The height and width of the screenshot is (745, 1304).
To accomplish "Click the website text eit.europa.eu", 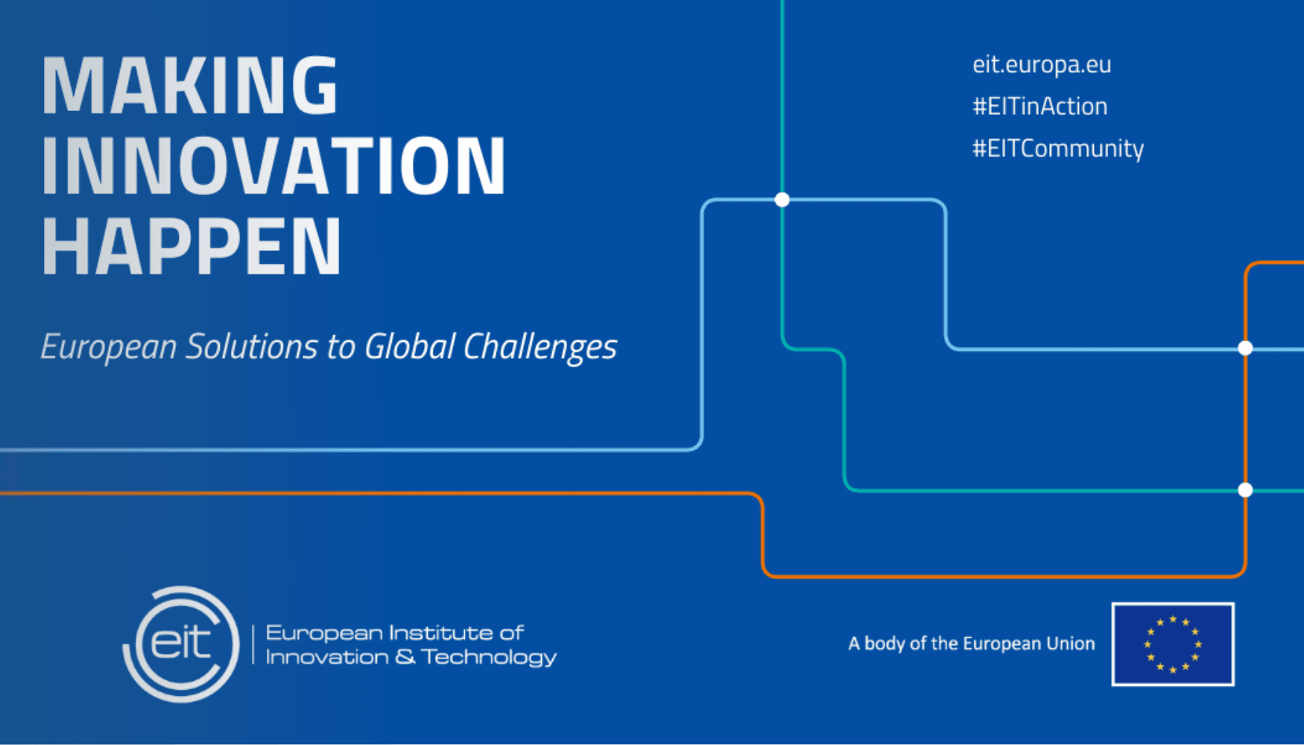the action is pyautogui.click(x=1042, y=64).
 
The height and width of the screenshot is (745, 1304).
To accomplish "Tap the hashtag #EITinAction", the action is pyautogui.click(x=1040, y=107).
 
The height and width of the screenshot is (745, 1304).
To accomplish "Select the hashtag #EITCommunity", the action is pyautogui.click(x=1058, y=148).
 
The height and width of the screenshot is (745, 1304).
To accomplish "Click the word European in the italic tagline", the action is pyautogui.click(x=109, y=347).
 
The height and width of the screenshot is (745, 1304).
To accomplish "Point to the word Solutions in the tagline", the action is pyautogui.click(x=252, y=346).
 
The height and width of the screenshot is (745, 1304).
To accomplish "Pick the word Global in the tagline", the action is pyautogui.click(x=410, y=346).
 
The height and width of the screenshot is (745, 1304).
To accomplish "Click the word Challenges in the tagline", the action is pyautogui.click(x=540, y=347).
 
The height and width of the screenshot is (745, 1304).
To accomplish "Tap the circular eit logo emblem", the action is pyautogui.click(x=181, y=644).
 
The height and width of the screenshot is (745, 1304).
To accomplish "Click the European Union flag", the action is pyautogui.click(x=1173, y=644).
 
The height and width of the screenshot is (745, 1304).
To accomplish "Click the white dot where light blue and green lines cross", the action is pyautogui.click(x=782, y=200).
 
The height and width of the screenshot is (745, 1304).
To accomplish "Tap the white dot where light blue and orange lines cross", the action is pyautogui.click(x=1245, y=348).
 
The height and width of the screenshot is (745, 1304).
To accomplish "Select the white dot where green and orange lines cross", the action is pyautogui.click(x=1245, y=489).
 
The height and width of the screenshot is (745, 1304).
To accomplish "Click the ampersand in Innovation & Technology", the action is pyautogui.click(x=405, y=657).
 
